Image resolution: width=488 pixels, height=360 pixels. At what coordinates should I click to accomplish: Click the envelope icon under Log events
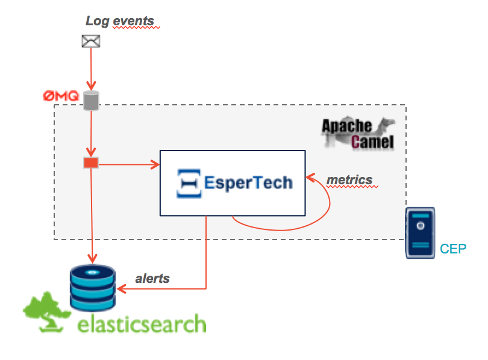90,41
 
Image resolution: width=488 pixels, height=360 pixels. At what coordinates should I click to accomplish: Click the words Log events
119,21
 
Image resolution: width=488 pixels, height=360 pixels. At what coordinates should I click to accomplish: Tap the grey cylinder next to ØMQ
90,101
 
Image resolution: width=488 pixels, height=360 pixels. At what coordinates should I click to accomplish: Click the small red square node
90,163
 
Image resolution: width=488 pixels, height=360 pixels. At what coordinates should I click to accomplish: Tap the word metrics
349,179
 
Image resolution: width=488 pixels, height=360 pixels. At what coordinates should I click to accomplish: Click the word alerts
152,278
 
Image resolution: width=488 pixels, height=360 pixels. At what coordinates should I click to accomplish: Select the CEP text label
453,249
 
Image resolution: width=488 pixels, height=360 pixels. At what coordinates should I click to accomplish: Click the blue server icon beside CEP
420,233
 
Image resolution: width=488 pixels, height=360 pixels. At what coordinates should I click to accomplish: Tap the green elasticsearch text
142,323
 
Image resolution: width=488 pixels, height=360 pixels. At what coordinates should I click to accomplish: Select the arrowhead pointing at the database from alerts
120,290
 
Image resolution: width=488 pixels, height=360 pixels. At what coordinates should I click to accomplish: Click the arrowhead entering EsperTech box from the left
155,164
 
